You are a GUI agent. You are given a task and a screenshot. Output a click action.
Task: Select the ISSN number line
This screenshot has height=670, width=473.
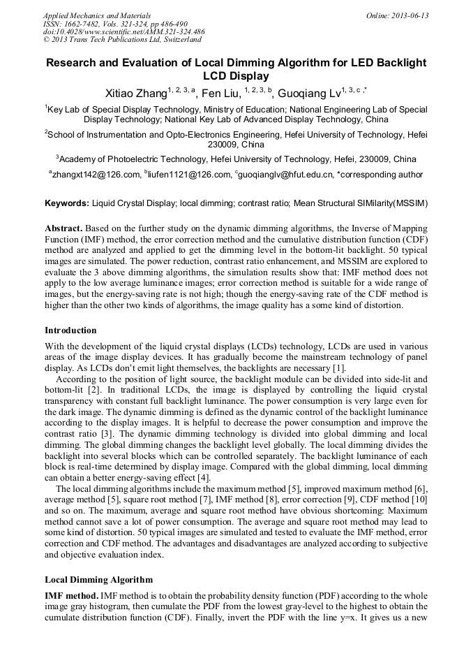[x=115, y=24]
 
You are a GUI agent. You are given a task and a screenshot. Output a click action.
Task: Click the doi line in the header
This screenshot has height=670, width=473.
[x=124, y=32]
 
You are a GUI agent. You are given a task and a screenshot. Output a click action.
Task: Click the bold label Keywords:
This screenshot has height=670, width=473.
[x=67, y=203]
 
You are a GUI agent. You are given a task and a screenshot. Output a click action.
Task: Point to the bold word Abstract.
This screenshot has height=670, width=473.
[x=64, y=229]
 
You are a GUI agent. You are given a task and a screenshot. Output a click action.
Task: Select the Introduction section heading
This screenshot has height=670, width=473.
[x=70, y=330]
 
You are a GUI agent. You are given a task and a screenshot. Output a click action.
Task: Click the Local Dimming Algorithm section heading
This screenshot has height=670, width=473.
[x=98, y=580]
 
